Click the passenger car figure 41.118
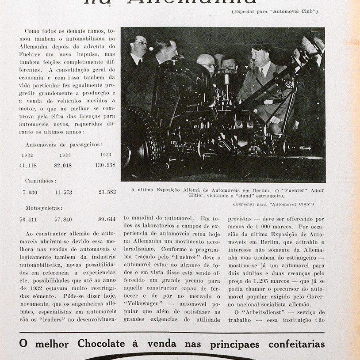28,166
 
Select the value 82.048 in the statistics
63,166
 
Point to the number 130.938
105,165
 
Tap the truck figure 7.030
30,193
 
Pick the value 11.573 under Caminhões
63,193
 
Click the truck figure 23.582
107,192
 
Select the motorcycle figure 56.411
28,220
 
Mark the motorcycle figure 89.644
107,219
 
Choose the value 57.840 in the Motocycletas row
63,220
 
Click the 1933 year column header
65,155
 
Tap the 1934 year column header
106,155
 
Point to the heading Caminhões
40,181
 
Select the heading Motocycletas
43,208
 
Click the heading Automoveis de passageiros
64,144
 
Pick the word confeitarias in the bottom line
296,344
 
